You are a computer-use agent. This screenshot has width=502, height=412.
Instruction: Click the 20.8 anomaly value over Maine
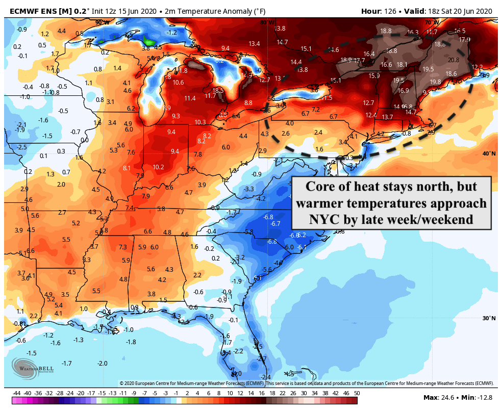pyautogui.click(x=454, y=60)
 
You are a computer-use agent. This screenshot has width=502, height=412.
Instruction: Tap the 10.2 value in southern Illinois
pyautogui.click(x=158, y=167)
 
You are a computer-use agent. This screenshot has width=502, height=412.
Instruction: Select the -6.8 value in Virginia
pyautogui.click(x=268, y=217)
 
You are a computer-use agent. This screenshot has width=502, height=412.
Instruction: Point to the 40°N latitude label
pyautogui.click(x=489, y=153)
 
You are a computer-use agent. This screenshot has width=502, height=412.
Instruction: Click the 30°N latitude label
pyautogui.click(x=489, y=318)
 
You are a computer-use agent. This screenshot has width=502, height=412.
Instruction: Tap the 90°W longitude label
pyautogui.click(x=103, y=22)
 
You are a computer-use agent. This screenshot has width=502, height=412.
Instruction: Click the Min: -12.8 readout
pyautogui.click(x=479, y=397)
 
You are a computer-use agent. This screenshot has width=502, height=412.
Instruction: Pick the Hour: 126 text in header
pyautogui.click(x=379, y=11)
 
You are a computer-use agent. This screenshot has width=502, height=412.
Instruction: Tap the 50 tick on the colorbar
pyautogui.click(x=357, y=394)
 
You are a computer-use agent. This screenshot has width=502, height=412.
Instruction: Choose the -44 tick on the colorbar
pyautogui.click(x=17, y=394)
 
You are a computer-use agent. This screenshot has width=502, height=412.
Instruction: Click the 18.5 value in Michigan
pyautogui.click(x=218, y=90)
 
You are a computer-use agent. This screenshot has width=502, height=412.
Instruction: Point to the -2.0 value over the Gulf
pyautogui.click(x=103, y=363)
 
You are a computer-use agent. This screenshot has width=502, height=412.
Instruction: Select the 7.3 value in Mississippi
pyautogui.click(x=122, y=247)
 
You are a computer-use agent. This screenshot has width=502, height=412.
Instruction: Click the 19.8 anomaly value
pyautogui.click(x=435, y=82)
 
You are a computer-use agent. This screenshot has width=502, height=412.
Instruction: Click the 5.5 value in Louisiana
pyautogui.click(x=96, y=291)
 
